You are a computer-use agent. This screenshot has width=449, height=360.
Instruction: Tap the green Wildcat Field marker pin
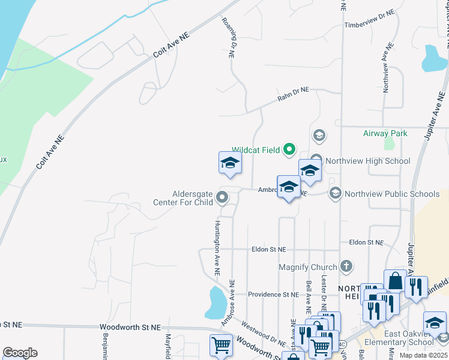pyautogui.click(x=289, y=149)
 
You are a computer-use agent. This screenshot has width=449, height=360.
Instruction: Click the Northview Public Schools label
pyautogui.click(x=392, y=194)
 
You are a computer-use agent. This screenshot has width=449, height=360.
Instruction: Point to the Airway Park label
pyautogui.click(x=385, y=133)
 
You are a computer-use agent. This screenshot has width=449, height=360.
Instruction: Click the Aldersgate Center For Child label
pyautogui.click(x=192, y=198)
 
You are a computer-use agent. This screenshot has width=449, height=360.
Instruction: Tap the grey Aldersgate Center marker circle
pyautogui.click(x=223, y=197)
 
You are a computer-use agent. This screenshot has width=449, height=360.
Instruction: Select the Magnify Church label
pyautogui.click(x=308, y=266)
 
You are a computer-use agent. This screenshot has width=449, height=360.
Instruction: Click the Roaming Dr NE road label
pyautogui.click(x=228, y=37)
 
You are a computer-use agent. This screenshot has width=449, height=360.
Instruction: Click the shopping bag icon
pyautogui.click(x=396, y=281)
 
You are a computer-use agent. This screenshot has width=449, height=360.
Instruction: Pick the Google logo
pyautogui.click(x=19, y=353)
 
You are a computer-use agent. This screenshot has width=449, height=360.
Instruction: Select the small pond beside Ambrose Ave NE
pyautogui.click(x=215, y=302)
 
